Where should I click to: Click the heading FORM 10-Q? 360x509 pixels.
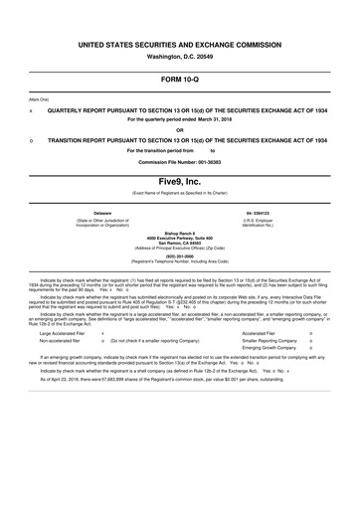tap(179, 79)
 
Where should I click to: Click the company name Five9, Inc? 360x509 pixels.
tap(179, 180)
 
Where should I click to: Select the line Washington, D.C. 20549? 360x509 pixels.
tap(179, 56)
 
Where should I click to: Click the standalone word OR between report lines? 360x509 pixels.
tap(179, 130)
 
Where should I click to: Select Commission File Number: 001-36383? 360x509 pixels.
tap(179, 160)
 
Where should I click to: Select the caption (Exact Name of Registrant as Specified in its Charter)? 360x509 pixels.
tap(179, 192)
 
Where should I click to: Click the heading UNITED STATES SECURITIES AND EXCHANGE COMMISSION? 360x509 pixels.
tap(179, 46)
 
